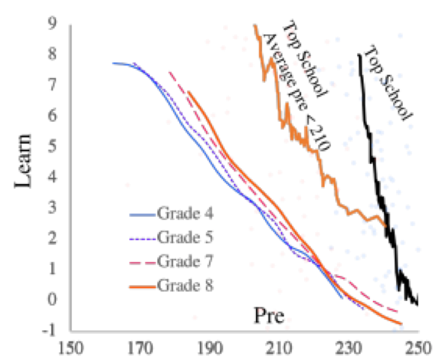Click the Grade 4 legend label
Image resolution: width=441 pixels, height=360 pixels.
(185, 213)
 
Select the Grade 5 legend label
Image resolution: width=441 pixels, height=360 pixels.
(185, 237)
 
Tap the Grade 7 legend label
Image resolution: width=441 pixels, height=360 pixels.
(185, 261)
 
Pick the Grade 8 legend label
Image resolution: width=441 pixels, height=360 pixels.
(185, 285)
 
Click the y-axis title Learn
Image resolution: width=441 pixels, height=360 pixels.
(23, 161)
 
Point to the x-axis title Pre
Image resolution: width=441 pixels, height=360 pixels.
(269, 316)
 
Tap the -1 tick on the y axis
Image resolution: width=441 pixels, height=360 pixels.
(49, 330)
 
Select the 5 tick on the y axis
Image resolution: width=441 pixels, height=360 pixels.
(52, 146)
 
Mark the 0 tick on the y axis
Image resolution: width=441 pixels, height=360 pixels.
(52, 299)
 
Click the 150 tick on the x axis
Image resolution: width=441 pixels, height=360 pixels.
(70, 348)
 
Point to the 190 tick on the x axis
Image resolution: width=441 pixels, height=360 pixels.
(210, 348)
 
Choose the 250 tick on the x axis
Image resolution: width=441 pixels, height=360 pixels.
(418, 348)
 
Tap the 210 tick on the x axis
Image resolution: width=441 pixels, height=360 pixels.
(280, 348)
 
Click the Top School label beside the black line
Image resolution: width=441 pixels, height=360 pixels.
(388, 84)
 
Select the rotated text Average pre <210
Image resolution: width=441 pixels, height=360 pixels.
(296, 93)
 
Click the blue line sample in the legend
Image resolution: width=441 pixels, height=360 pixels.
(142, 215)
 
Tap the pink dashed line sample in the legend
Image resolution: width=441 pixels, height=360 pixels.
(142, 263)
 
